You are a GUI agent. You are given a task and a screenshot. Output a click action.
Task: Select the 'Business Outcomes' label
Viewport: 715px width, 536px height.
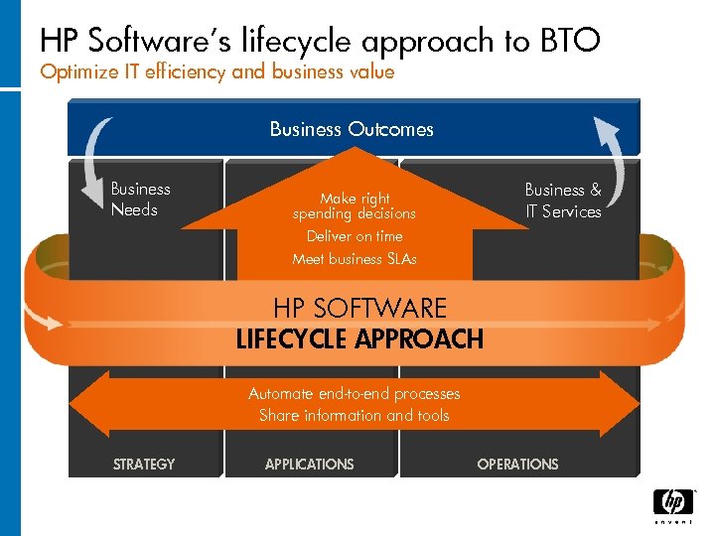(352, 129)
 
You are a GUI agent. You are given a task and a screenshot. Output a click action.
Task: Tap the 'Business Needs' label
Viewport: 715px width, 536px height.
(140, 199)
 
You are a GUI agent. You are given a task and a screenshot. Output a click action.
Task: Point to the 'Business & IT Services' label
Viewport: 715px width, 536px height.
(563, 200)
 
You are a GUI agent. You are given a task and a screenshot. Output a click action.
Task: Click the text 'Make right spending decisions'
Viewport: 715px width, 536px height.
(355, 205)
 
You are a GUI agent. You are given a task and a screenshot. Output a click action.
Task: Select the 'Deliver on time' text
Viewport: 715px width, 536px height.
(355, 236)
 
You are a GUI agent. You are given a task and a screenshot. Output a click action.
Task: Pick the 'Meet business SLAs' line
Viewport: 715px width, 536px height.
(355, 259)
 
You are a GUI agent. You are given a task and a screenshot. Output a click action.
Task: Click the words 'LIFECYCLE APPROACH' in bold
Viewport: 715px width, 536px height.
(359, 339)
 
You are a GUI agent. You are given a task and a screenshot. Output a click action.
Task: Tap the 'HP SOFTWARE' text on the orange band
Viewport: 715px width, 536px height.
(359, 309)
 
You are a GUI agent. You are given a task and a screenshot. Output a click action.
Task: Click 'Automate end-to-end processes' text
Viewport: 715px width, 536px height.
(355, 394)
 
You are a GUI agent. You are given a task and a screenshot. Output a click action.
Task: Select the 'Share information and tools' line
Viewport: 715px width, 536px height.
(355, 416)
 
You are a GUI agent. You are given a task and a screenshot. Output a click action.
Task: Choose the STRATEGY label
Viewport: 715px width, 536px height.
(144, 464)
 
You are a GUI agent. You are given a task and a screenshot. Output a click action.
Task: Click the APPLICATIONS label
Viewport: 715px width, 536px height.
(309, 464)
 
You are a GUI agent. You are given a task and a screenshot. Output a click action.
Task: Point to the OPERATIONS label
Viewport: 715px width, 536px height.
(517, 464)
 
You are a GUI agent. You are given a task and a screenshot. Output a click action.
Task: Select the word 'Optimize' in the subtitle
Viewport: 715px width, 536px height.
(74, 71)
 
